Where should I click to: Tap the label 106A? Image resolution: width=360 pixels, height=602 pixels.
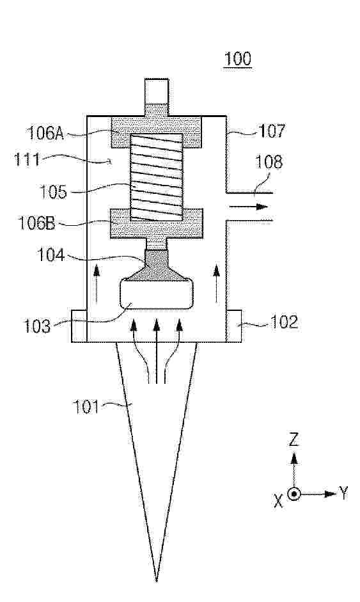45,133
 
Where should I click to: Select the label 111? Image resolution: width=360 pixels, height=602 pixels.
27,159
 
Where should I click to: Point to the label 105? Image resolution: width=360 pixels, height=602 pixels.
53,191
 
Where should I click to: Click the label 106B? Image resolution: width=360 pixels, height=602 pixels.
37,223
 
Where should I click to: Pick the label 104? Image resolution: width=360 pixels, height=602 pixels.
51,255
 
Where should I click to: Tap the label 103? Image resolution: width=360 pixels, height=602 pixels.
37,326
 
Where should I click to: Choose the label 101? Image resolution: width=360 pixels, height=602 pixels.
86,407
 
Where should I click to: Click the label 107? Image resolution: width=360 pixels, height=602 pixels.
272,131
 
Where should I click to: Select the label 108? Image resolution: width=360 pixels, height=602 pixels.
269,162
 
